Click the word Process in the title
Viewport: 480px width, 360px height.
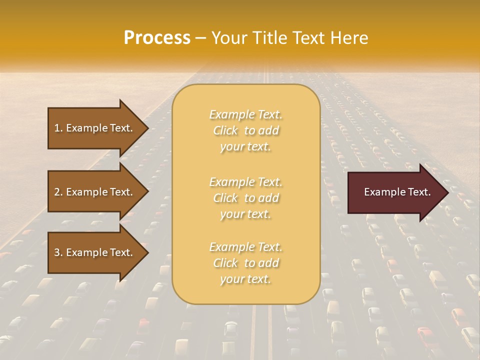pyautogui.click(x=157, y=38)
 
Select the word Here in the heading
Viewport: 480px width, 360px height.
pyautogui.click(x=349, y=38)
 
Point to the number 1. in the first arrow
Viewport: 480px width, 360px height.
pyautogui.click(x=58, y=128)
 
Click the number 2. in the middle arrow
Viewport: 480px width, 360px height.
pyautogui.click(x=58, y=192)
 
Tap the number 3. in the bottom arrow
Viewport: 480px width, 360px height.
pyautogui.click(x=58, y=252)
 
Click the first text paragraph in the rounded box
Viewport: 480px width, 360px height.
pyautogui.click(x=246, y=130)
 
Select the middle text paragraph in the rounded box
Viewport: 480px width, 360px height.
pyautogui.click(x=246, y=198)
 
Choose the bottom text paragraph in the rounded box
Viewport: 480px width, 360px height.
pyautogui.click(x=246, y=263)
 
